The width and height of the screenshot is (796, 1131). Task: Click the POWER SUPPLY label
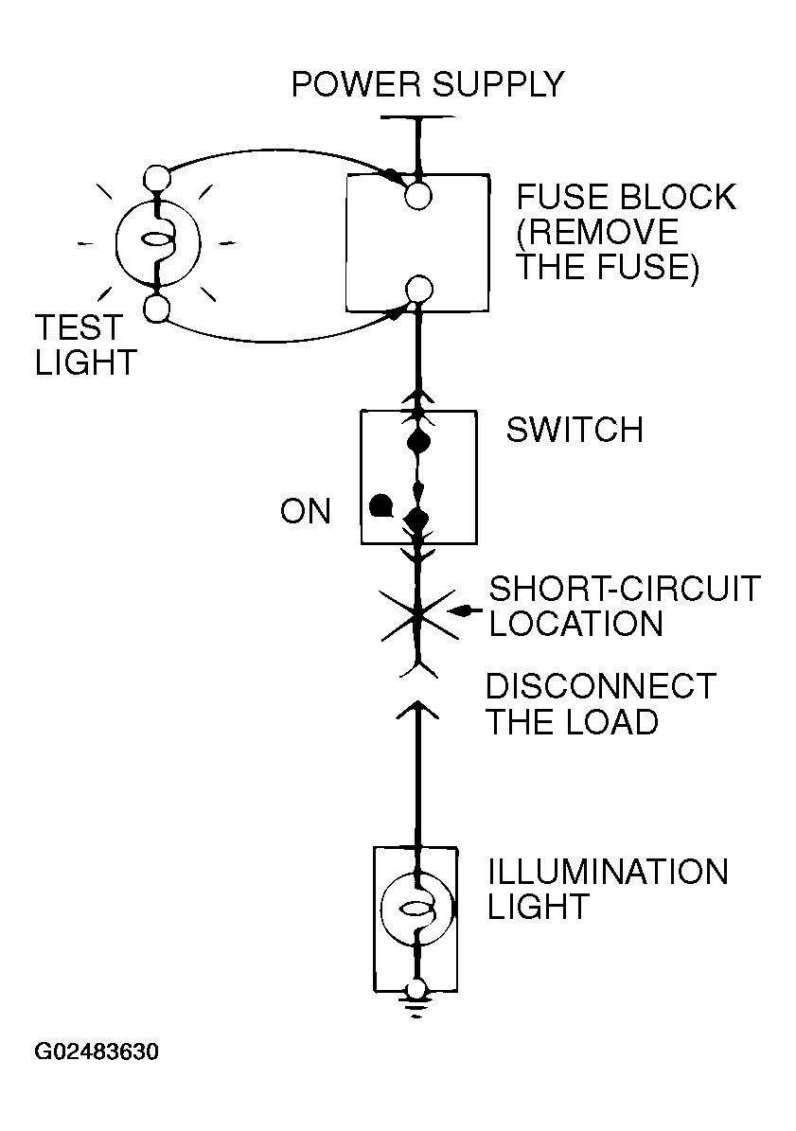pyautogui.click(x=428, y=84)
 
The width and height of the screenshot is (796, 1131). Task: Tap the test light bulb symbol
pyautogui.click(x=158, y=243)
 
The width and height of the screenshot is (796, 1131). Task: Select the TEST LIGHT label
pyautogui.click(x=86, y=345)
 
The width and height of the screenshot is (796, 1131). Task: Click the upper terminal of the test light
pyautogui.click(x=157, y=177)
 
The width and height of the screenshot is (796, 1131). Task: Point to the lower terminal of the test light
pyautogui.click(x=156, y=309)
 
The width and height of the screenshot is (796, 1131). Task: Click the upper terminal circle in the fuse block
pyautogui.click(x=418, y=196)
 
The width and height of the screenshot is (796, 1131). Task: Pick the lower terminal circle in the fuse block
pyautogui.click(x=419, y=290)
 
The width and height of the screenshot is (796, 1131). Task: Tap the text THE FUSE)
pyautogui.click(x=607, y=267)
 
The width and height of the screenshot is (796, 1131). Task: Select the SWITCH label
pyautogui.click(x=575, y=430)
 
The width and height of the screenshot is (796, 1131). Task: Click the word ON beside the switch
pyautogui.click(x=306, y=511)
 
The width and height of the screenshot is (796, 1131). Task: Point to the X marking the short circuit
pyautogui.click(x=418, y=614)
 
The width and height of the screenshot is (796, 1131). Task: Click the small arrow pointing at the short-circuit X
pyautogui.click(x=465, y=611)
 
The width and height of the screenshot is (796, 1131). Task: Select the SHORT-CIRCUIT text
pyautogui.click(x=625, y=589)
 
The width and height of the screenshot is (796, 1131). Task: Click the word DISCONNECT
pyautogui.click(x=601, y=686)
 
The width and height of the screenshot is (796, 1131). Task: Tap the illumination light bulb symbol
pyautogui.click(x=416, y=909)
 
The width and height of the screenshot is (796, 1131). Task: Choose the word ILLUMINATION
pyautogui.click(x=608, y=872)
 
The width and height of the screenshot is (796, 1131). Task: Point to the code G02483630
pyautogui.click(x=97, y=1051)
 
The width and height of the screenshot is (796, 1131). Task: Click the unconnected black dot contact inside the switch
pyautogui.click(x=380, y=505)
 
